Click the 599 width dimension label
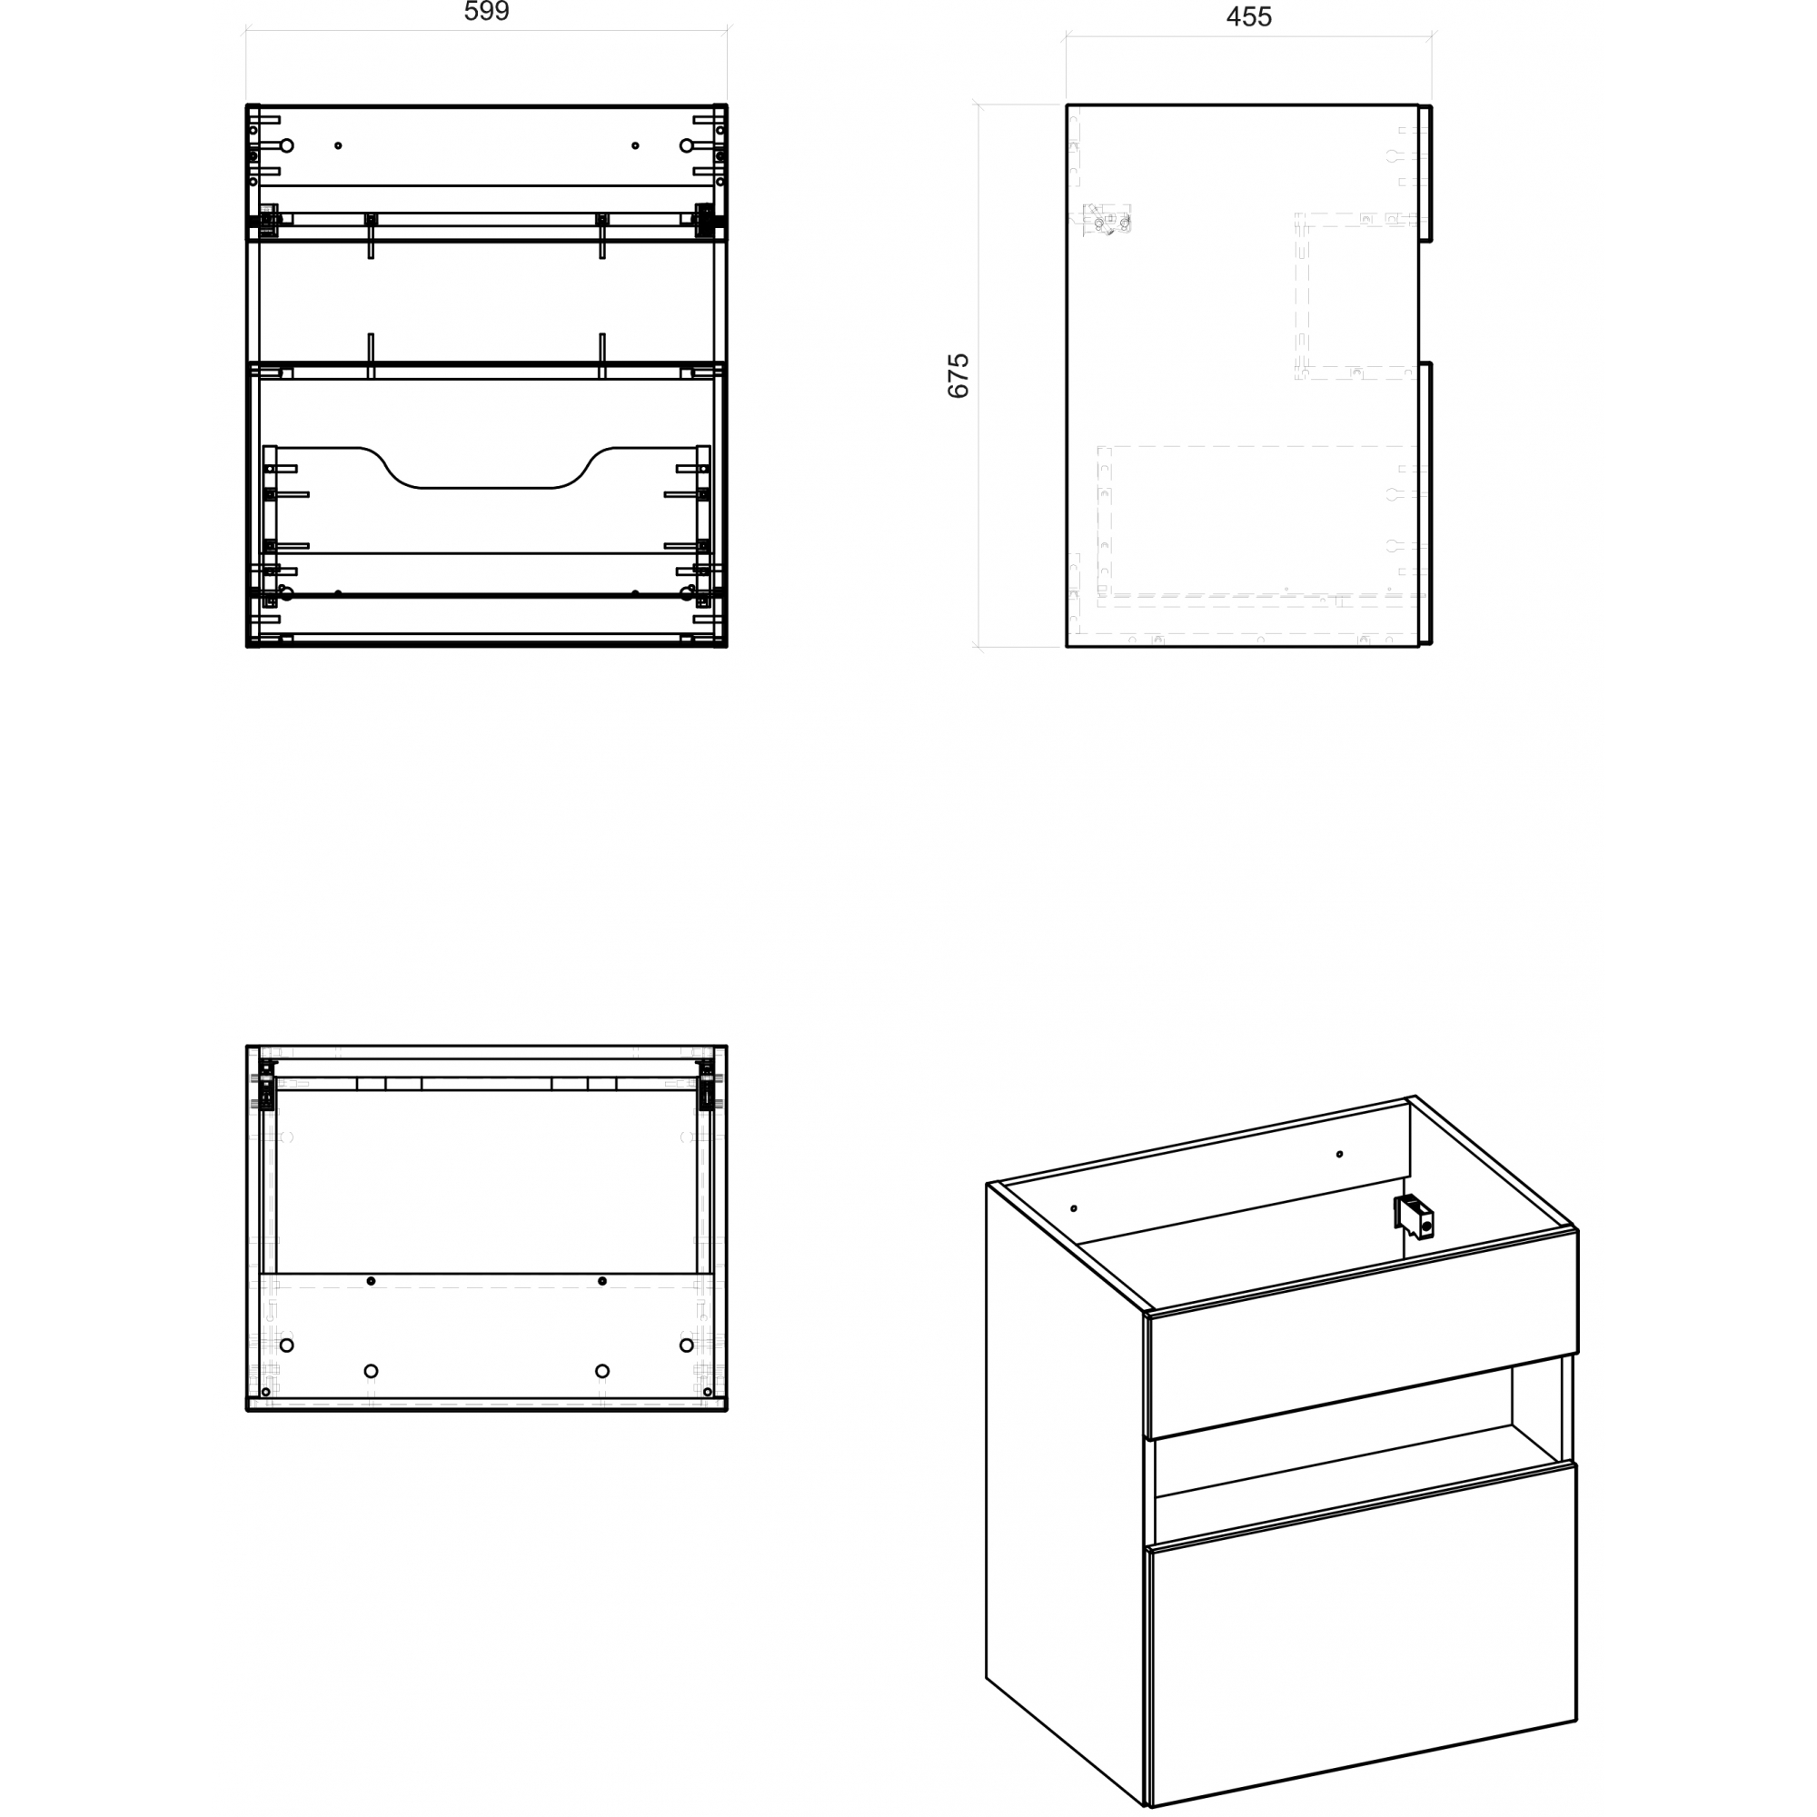486,12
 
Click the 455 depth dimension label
1249,17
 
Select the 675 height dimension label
958,376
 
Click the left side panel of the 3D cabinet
1067,1495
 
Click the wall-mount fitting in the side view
1106,219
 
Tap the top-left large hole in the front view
288,145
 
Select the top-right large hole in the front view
687,145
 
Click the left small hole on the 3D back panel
1074,1208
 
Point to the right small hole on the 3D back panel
1340,1154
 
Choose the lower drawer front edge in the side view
1425,504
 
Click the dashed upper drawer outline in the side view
1356,296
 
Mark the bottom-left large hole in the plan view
287,1345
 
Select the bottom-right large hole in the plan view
687,1345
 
